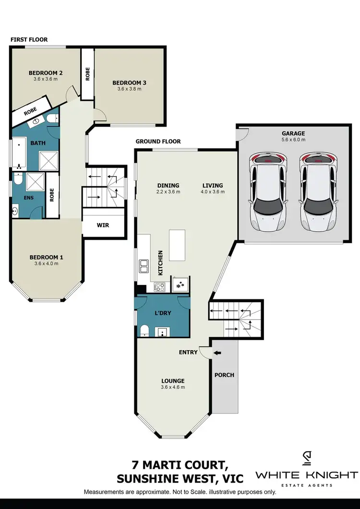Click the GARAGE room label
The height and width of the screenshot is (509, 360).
294,133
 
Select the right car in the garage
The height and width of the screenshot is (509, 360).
318,192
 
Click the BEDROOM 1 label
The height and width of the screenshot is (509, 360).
46,258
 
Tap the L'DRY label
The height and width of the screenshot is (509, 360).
163,313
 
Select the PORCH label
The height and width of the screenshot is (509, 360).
225,375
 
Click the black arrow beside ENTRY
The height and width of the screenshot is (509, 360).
218,353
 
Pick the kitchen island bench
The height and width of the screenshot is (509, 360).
177,245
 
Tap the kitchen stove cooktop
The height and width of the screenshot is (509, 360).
159,287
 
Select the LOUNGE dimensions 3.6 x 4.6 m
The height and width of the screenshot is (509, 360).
172,387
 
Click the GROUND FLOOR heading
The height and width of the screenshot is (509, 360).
158,142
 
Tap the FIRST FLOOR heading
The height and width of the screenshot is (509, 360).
30,39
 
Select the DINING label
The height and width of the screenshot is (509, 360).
168,186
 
